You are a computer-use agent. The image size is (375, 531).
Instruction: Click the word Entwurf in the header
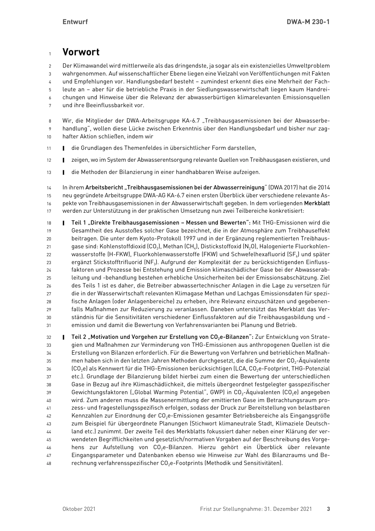coord(75,22)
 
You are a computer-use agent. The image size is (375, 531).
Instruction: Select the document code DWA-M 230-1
coord(308,22)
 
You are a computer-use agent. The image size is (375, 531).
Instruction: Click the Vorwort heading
coord(81,52)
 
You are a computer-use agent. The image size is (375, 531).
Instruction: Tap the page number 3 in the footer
coord(328,509)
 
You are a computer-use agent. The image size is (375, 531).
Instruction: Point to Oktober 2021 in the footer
coord(79,509)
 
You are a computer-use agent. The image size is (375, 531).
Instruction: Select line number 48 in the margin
coord(49,463)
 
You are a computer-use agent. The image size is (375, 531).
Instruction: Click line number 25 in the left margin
coord(49,278)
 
